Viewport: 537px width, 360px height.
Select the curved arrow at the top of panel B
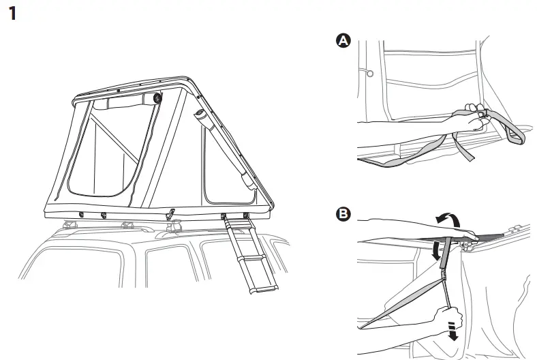[x=448, y=220]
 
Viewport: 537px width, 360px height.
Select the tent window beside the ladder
[x=228, y=164]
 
